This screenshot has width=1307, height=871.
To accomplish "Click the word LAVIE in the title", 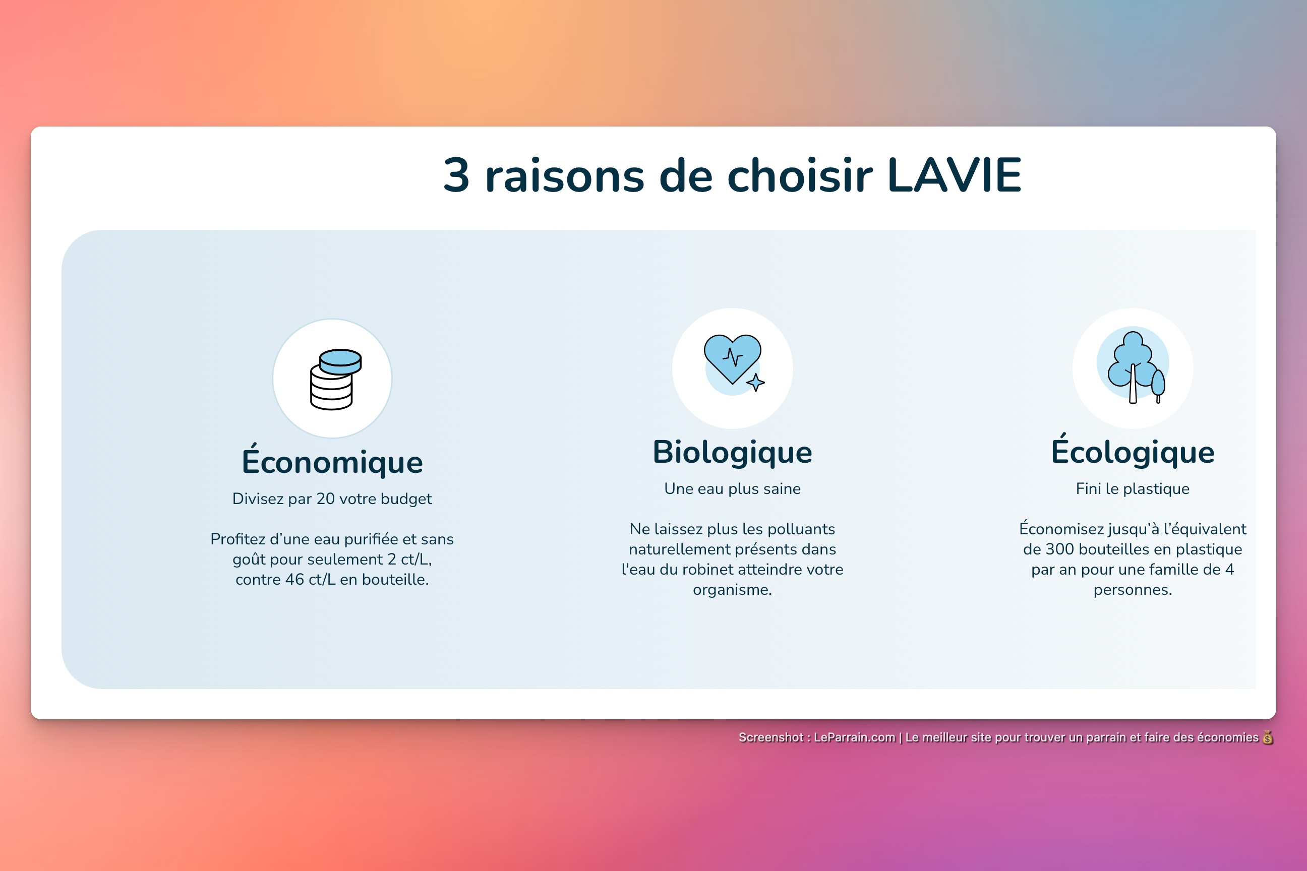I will click(x=954, y=175).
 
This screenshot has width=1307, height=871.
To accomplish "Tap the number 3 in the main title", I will click(x=456, y=175).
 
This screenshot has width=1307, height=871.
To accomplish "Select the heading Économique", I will click(x=332, y=462).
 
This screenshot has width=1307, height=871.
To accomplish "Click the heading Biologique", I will click(x=732, y=452).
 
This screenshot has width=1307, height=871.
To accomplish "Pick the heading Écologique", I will click(x=1132, y=452).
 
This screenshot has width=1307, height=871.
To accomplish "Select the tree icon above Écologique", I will click(x=1134, y=366).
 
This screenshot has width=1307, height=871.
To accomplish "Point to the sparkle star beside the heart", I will click(x=755, y=382).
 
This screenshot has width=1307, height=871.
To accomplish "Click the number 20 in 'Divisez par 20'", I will click(x=326, y=499).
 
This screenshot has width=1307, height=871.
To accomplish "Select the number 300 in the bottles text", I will click(x=1059, y=549).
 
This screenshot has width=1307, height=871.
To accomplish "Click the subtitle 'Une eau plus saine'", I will click(x=732, y=489).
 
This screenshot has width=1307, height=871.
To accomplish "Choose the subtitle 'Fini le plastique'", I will click(x=1132, y=489).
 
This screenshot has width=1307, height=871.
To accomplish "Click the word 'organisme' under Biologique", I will click(x=732, y=590).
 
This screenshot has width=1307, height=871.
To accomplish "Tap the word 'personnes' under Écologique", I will click(x=1132, y=590).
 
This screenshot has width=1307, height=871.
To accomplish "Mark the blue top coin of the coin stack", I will click(x=341, y=358).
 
